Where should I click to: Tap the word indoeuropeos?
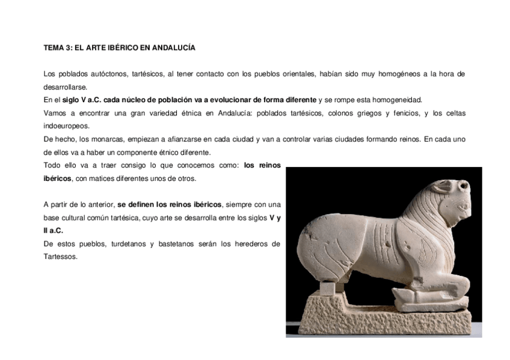[x=66, y=126]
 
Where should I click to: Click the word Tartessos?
[x=61, y=257]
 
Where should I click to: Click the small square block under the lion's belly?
[x=328, y=288]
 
